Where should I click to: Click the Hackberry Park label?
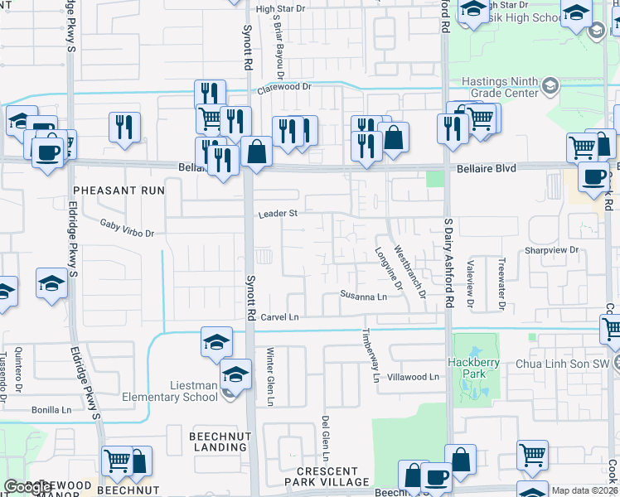[x=470, y=367]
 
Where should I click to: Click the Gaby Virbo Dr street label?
[x=127, y=228]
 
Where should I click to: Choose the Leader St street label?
[x=278, y=213]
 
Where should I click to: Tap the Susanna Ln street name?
[x=363, y=296]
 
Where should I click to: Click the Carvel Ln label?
[x=279, y=316]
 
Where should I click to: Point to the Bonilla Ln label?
[x=51, y=409]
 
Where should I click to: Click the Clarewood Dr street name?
[x=283, y=86]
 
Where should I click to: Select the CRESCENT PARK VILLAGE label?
[x=332, y=475]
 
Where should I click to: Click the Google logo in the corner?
[x=27, y=487]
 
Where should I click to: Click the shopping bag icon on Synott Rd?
[x=257, y=151]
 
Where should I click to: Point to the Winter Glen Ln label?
[x=269, y=376]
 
